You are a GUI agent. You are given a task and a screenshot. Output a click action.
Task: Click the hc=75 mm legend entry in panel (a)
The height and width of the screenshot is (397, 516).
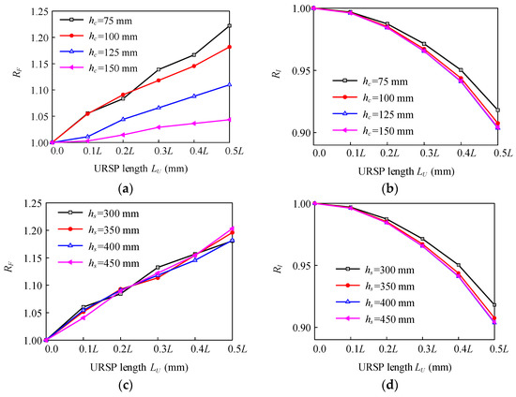(95, 18)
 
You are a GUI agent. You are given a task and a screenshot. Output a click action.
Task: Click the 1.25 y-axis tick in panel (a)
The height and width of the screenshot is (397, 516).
(27, 11)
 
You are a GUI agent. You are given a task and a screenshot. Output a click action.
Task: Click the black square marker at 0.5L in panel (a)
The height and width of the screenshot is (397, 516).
(229, 26)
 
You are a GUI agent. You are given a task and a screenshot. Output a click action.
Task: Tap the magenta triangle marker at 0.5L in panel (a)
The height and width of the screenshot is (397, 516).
(229, 119)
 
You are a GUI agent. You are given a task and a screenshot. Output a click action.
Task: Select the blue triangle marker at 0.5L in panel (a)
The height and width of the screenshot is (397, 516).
(229, 85)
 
